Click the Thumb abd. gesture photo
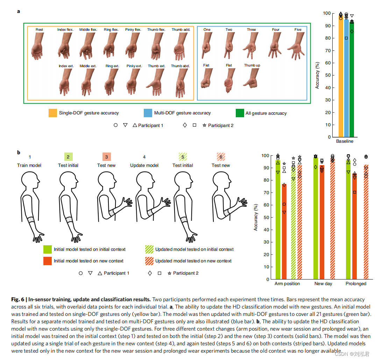(181, 82)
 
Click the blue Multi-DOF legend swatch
(148, 113)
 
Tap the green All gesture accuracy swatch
(240, 113)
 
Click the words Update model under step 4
(144, 165)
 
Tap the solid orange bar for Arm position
(284, 231)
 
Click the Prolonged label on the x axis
(356, 284)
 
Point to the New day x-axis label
(323, 284)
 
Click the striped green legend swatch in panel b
(150, 249)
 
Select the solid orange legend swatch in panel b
(48, 261)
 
